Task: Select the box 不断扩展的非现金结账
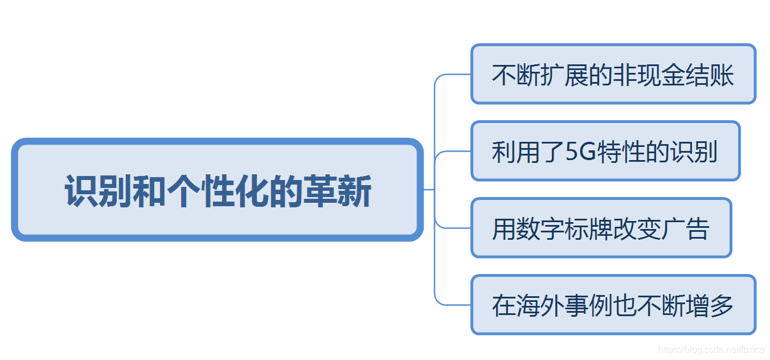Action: (x=613, y=74)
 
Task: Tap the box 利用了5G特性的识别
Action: (x=605, y=151)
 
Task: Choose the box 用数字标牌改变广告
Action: (x=601, y=228)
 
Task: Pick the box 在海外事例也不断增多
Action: (x=613, y=305)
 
